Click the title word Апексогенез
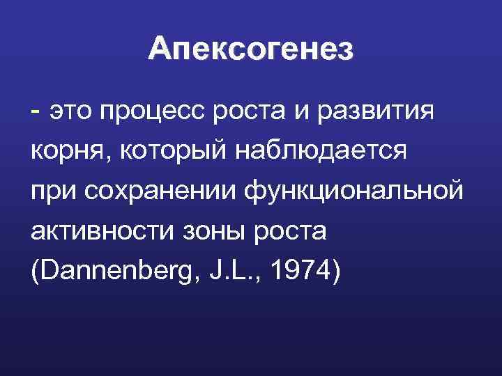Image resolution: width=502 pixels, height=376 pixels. point(251,49)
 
